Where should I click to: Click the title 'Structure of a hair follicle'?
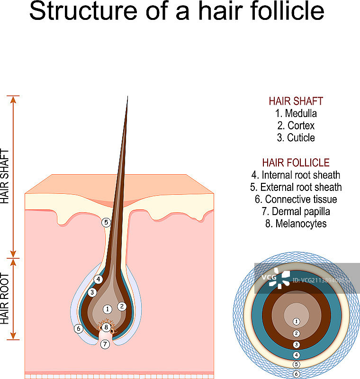[177, 12]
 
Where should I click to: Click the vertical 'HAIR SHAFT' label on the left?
[5, 176]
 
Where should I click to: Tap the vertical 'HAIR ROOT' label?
[5, 298]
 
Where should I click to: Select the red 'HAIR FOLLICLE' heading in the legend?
[296, 162]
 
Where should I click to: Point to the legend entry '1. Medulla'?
[296, 113]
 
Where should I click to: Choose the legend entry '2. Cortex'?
[296, 126]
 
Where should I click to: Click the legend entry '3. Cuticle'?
[296, 138]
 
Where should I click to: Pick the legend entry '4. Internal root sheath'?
[296, 175]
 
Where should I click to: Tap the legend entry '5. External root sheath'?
[296, 187]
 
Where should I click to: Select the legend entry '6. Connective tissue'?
[296, 199]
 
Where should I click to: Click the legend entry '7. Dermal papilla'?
[296, 212]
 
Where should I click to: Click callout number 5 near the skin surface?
[106, 222]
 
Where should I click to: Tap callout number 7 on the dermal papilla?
[105, 344]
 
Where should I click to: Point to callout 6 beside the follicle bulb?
[79, 328]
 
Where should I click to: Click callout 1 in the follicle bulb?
[108, 309]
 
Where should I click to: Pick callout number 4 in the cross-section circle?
[297, 355]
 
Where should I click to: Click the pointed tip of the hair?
[127, 97]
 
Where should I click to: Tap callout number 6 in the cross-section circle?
[297, 374]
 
